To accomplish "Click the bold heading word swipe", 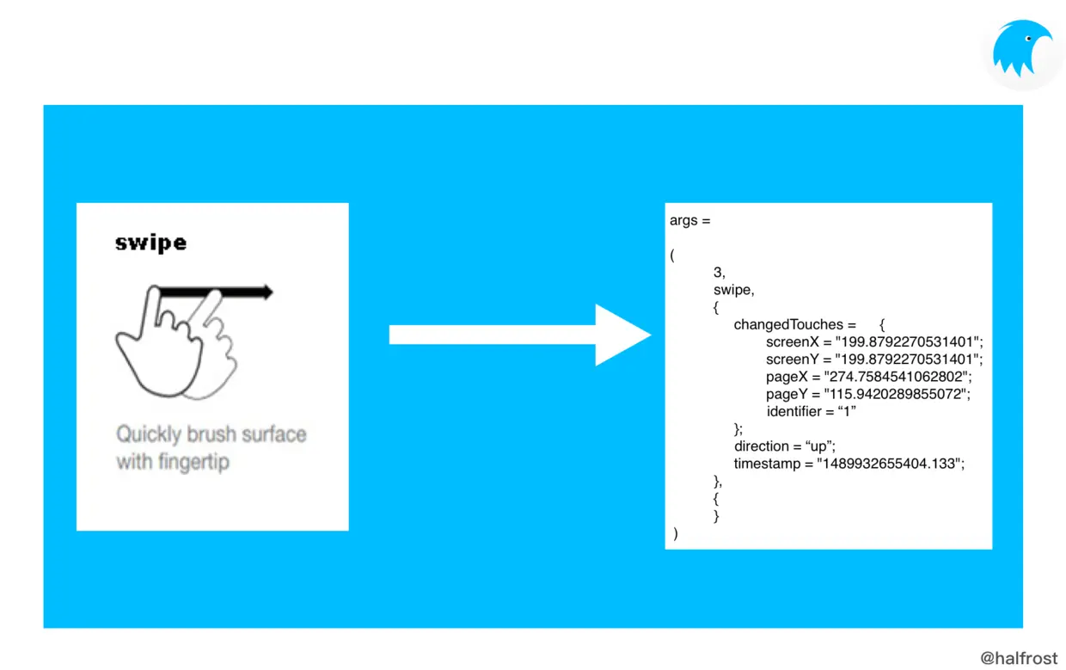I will (150, 243).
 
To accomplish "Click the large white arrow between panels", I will (519, 335).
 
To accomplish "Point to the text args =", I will (690, 221).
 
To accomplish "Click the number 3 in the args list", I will (719, 272).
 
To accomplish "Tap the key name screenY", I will (794, 359).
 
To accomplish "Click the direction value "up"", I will (818, 446).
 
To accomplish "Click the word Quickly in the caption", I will (149, 434).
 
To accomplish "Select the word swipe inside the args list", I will (733, 290).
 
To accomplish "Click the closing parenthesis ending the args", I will (676, 534).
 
